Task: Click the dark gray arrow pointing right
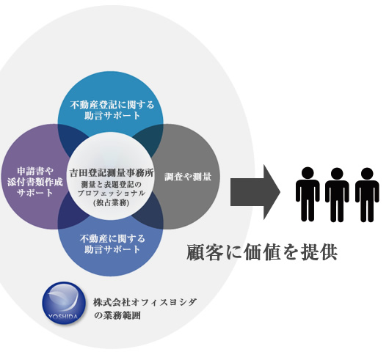click(255, 192)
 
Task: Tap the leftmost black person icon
click(308, 194)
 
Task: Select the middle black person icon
click(337, 195)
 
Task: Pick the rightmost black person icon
click(367, 195)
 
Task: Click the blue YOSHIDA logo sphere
click(63, 303)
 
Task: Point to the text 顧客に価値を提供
click(262, 252)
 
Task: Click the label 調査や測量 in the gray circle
click(188, 177)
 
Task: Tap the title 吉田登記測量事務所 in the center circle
click(112, 173)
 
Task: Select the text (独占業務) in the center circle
click(111, 202)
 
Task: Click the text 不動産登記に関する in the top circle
click(112, 105)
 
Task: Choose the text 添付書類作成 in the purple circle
click(35, 182)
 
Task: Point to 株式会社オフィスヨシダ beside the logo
click(145, 302)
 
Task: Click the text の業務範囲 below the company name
click(117, 315)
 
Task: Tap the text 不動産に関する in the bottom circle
click(112, 239)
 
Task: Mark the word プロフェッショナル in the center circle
click(112, 194)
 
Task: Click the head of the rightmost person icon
click(367, 174)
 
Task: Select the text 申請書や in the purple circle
click(35, 171)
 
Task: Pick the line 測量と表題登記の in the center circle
click(111, 185)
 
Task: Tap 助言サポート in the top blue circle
click(112, 116)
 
